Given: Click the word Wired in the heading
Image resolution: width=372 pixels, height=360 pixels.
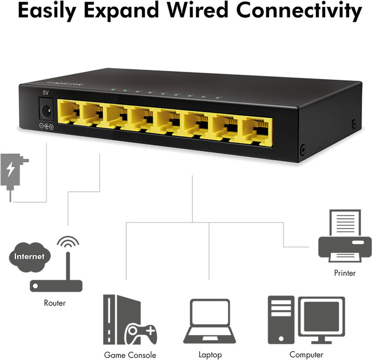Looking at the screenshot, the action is [198, 10].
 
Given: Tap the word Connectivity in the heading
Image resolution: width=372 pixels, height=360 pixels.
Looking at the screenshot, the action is [299, 12].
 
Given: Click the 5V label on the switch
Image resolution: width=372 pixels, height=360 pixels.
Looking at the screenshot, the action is [46, 93].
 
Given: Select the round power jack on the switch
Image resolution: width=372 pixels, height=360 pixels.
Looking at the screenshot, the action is [46, 111].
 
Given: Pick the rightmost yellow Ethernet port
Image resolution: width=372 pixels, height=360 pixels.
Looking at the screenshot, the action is [257, 131].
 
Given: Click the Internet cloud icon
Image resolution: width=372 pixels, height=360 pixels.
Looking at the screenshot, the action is [29, 257].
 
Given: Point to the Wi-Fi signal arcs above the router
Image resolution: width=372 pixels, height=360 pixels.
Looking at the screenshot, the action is [68, 242].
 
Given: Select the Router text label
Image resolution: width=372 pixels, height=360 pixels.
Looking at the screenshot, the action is [54, 303].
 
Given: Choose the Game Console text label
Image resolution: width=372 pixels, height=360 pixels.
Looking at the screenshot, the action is [130, 355].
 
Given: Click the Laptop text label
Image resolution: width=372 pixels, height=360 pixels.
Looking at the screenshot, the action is [210, 355].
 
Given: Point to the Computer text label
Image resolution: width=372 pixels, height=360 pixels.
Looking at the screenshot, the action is [306, 355].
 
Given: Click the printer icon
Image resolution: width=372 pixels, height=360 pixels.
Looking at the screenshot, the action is [345, 235].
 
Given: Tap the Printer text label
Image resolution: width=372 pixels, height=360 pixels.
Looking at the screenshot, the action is [345, 273].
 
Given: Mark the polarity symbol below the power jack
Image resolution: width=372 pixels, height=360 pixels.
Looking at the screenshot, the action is [46, 126].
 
